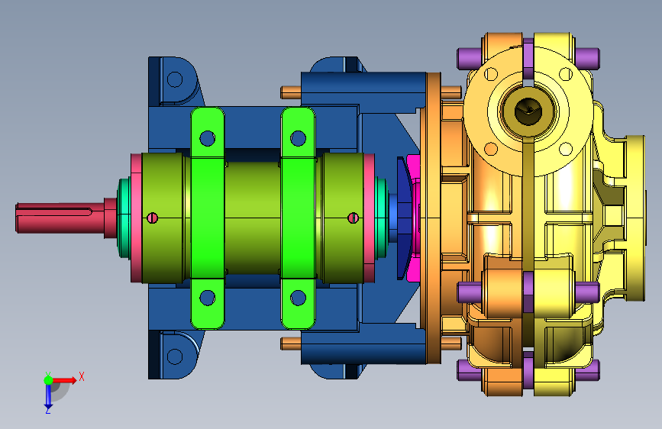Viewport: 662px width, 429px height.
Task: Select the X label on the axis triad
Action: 82,376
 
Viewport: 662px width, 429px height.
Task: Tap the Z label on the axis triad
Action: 47,410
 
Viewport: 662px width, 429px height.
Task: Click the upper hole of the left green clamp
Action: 207,138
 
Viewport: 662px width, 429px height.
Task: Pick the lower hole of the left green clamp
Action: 207,298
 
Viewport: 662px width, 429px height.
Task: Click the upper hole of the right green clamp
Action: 298,138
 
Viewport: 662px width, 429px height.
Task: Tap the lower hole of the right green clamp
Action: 298,298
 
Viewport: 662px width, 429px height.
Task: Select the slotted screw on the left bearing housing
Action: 153,218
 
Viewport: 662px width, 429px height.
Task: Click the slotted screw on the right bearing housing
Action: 353,218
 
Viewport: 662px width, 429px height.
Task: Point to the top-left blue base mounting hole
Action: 175,79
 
